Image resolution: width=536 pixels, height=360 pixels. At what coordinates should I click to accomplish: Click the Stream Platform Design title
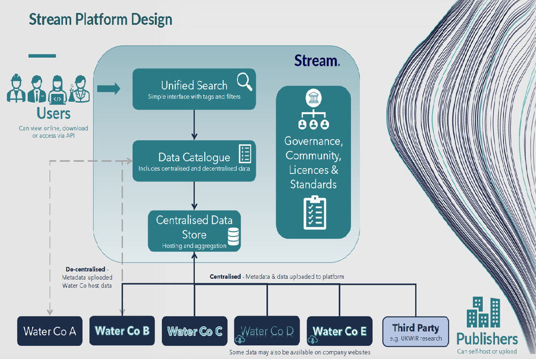click(x=100, y=20)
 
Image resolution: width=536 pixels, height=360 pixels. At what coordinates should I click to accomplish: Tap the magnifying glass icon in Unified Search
click(x=244, y=81)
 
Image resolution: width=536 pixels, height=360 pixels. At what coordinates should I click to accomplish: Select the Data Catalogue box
click(x=194, y=160)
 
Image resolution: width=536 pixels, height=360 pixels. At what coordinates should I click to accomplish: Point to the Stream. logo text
click(x=317, y=61)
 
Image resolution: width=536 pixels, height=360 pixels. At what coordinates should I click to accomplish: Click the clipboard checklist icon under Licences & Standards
click(x=315, y=213)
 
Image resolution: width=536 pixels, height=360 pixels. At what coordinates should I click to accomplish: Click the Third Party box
click(x=415, y=332)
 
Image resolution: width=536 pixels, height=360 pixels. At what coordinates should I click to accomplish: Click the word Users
click(x=54, y=114)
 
